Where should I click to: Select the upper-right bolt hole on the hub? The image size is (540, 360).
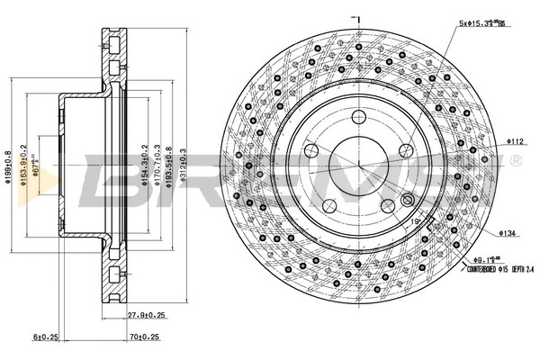pyautogui.click(x=407, y=150)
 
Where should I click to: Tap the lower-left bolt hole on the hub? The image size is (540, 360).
pyautogui.click(x=329, y=206)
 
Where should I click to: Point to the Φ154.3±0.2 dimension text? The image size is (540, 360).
pyautogui.click(x=144, y=166)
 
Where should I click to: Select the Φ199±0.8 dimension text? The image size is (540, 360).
pyautogui.click(x=8, y=166)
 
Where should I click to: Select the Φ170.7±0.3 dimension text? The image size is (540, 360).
pyautogui.click(x=157, y=166)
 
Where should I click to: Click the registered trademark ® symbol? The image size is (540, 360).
pyautogui.click(x=514, y=161)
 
